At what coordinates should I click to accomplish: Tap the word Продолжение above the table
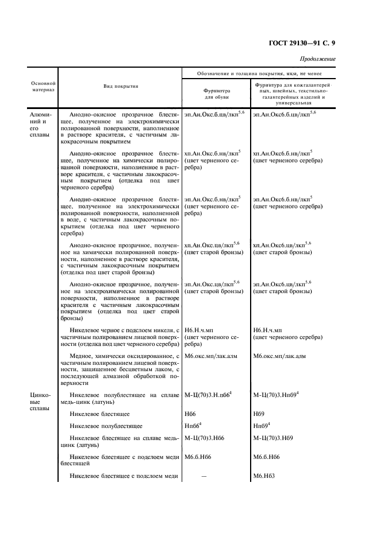318,59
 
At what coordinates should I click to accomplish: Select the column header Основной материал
43,86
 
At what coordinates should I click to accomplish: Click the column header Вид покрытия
121,86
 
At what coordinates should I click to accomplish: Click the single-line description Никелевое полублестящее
106,426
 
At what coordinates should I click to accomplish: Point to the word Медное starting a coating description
80,356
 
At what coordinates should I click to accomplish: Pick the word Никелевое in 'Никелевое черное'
85,330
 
